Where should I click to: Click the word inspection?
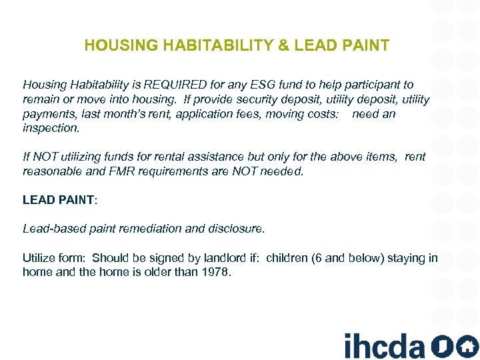coord(51,128)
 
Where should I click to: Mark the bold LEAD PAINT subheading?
coord(59,200)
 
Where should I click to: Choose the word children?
coord(287,258)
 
